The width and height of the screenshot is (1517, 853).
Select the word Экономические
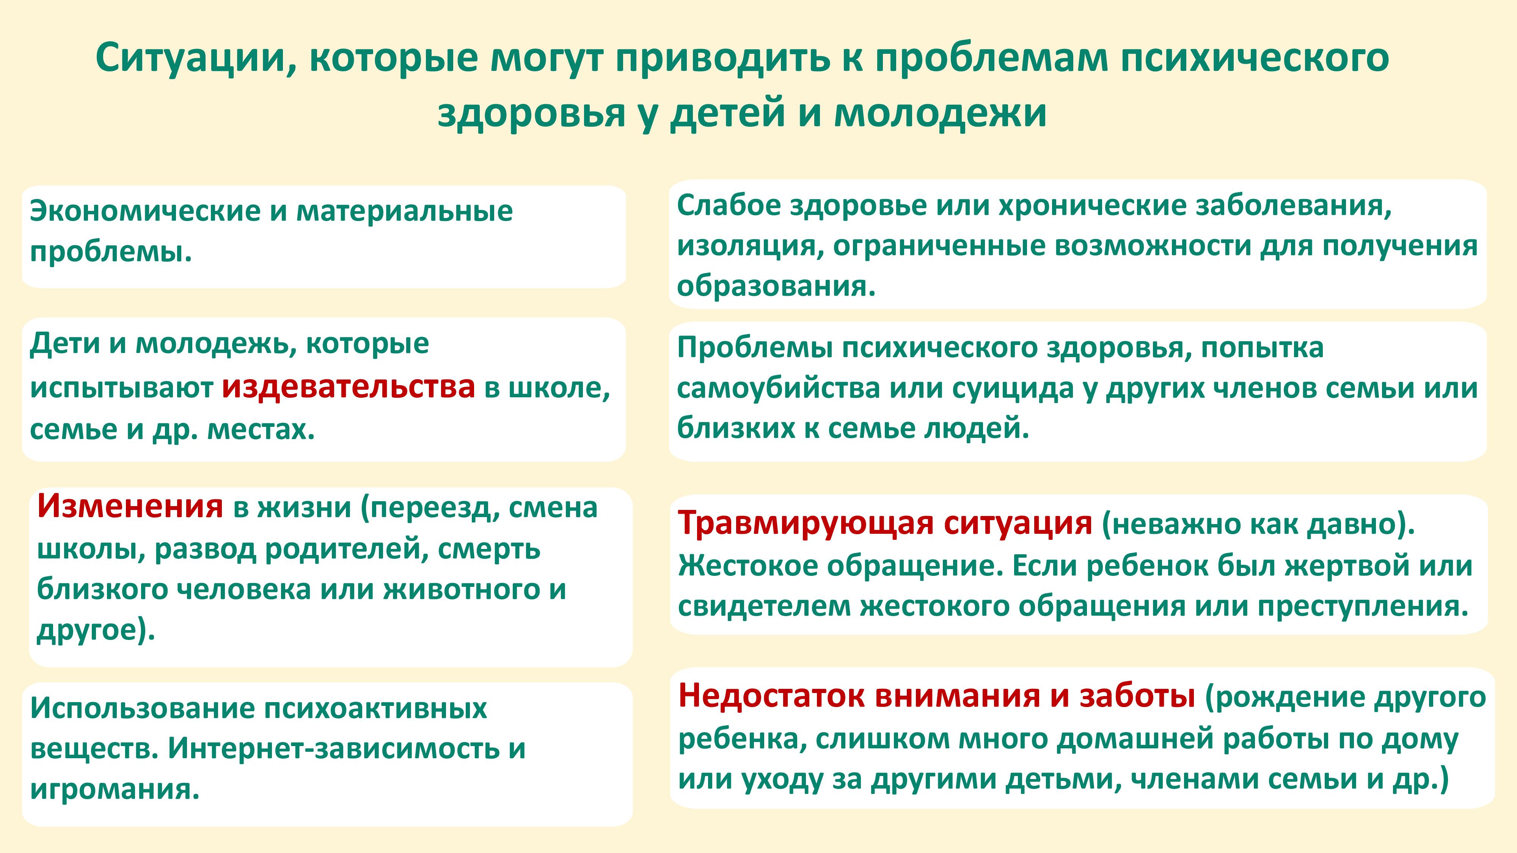coord(145,211)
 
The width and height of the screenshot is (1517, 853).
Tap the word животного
coord(462,589)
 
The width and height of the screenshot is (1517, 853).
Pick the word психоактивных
coord(375,708)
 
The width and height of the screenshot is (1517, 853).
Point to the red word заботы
coord(1137,695)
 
